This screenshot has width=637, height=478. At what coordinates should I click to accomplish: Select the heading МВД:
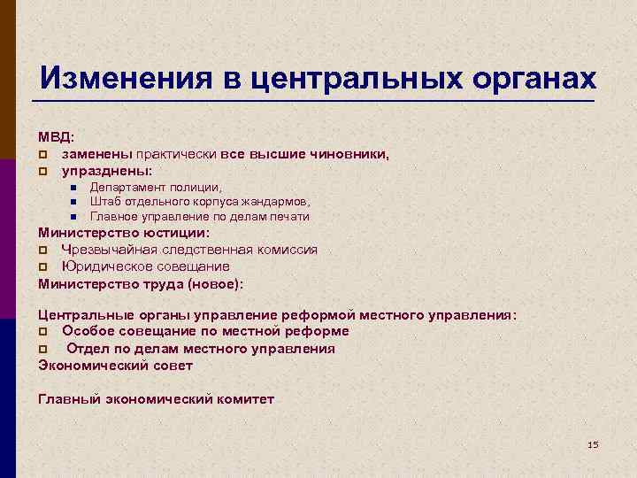point(56,137)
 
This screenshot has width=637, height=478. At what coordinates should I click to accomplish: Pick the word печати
point(288,216)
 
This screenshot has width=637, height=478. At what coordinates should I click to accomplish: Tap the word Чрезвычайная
point(107,250)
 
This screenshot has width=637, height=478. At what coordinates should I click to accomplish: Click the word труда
point(160,283)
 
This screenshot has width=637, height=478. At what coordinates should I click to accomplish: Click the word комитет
point(245,398)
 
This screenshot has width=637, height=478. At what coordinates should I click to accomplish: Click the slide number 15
point(593,443)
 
